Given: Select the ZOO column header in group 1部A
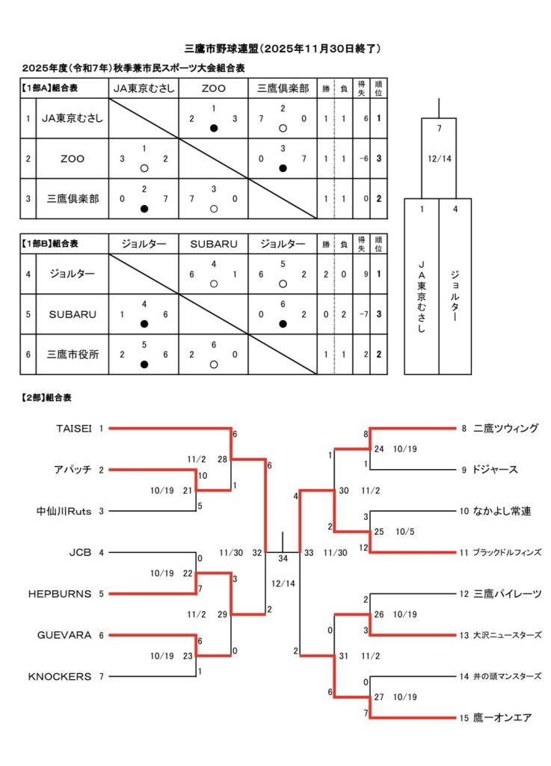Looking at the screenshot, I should pyautogui.click(x=213, y=88).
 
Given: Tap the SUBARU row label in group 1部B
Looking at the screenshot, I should pyautogui.click(x=73, y=314).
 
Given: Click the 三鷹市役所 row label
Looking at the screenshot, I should pyautogui.click(x=73, y=355).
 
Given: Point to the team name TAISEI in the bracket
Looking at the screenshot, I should pyautogui.click(x=73, y=429).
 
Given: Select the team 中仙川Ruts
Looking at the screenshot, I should pyautogui.click(x=64, y=512).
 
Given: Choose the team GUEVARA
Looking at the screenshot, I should pyautogui.click(x=64, y=635).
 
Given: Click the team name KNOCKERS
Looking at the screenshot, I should pyautogui.click(x=60, y=676).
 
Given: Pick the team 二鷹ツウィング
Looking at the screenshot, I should pyautogui.click(x=505, y=429).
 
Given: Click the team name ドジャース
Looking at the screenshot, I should pyautogui.click(x=496, y=470).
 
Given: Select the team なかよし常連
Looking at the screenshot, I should pyautogui.click(x=501, y=512).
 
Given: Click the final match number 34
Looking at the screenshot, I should pyautogui.click(x=283, y=558).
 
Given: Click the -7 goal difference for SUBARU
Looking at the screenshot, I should pyautogui.click(x=363, y=314).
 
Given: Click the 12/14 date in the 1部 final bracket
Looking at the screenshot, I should pyautogui.click(x=438, y=159).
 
